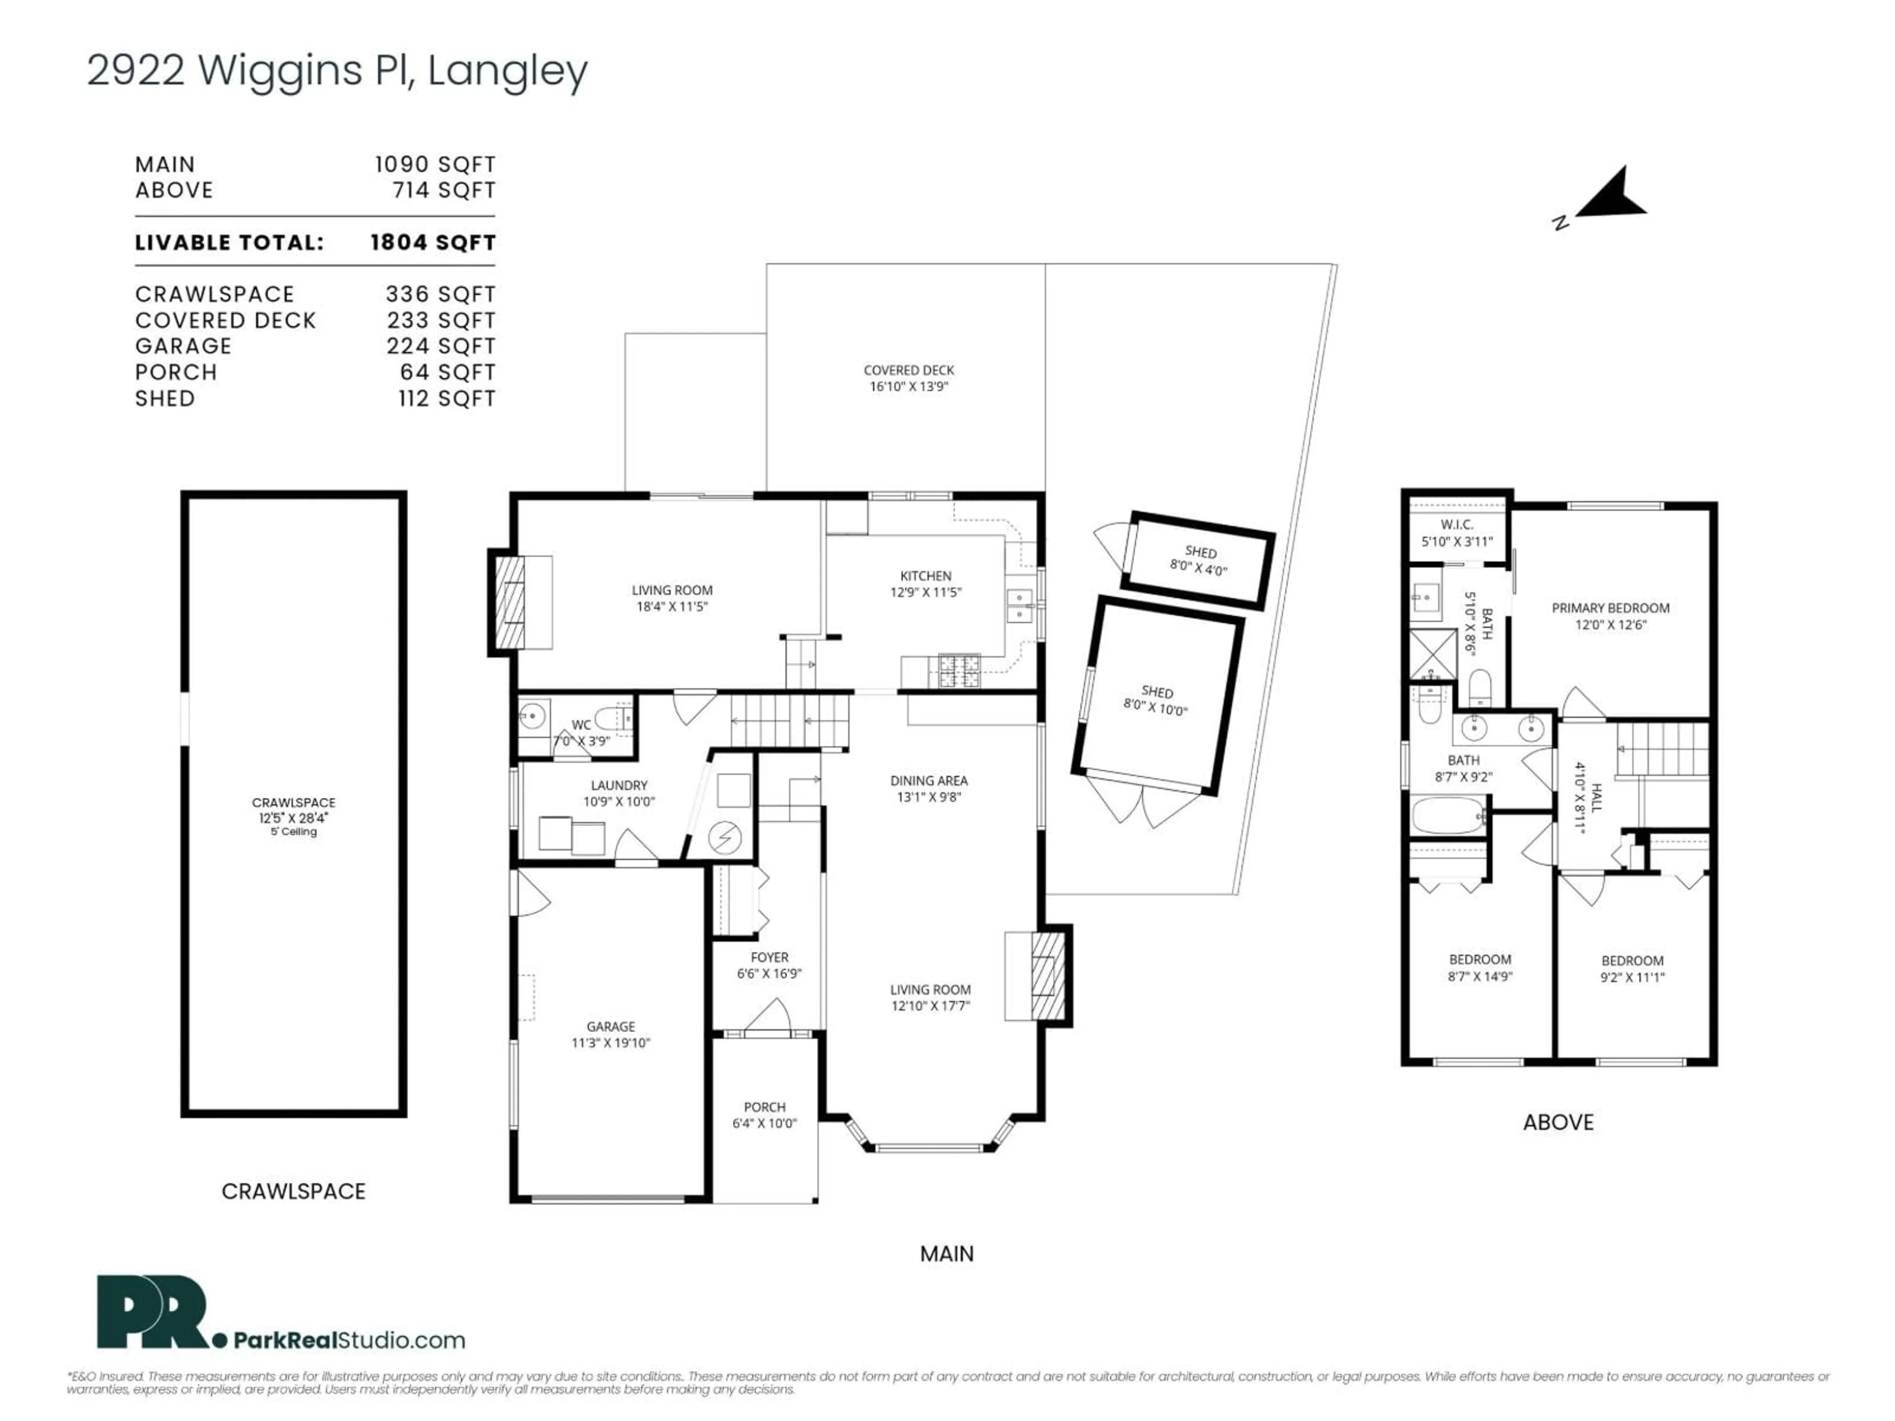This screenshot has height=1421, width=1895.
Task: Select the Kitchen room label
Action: [x=925, y=576]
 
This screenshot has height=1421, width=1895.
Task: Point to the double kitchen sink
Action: [x=1020, y=605]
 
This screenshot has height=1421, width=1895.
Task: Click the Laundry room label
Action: [x=618, y=785]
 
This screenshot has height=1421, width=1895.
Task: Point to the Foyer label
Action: [x=768, y=957]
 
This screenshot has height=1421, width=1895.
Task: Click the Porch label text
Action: [x=764, y=1107]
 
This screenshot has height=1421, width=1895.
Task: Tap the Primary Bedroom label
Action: [x=1610, y=608]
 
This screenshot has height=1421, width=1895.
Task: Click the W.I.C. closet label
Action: [x=1456, y=524]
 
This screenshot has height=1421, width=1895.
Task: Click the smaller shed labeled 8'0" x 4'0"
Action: [x=1199, y=560]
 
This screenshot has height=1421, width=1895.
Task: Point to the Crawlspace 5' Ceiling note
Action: [x=293, y=832]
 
